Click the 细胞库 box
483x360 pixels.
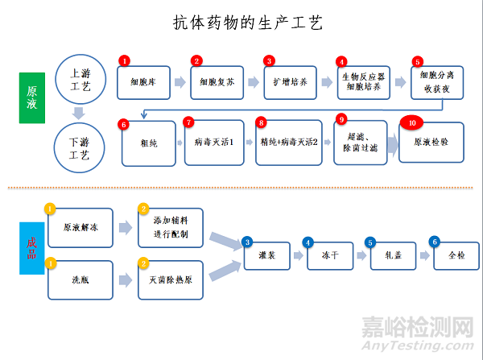tap(147, 81)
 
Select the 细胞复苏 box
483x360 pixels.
tap(217, 81)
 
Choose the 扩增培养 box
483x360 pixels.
tap(291, 81)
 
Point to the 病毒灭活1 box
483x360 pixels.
tap(214, 142)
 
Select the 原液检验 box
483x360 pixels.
tap(431, 142)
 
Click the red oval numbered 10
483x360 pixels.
tap(413, 122)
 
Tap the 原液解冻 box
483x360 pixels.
tap(81, 228)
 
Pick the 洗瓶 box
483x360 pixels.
tap(81, 280)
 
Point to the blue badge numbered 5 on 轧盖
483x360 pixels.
tap(370, 241)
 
